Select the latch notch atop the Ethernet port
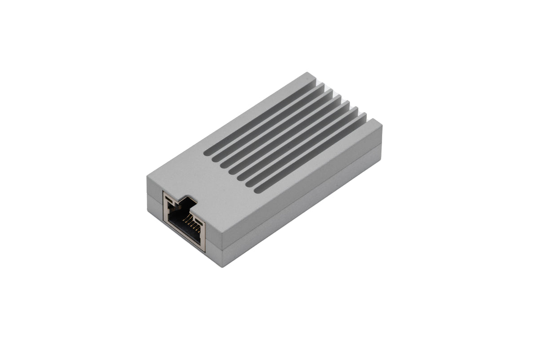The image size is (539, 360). pyautogui.click(x=185, y=201)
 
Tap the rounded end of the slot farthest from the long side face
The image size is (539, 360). pyautogui.click(x=206, y=153)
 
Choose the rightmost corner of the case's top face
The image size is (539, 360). pyautogui.click(x=382, y=125)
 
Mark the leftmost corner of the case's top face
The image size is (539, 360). pyautogui.click(x=147, y=177)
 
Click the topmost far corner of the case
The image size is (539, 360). pyautogui.click(x=309, y=73)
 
